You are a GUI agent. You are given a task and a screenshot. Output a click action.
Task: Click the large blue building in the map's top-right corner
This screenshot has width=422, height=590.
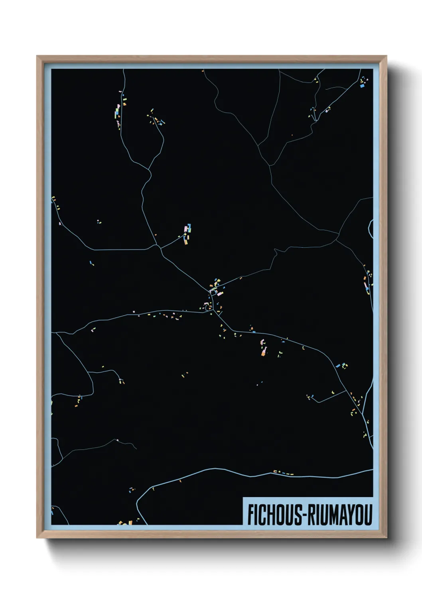pyautogui.click(x=362, y=85)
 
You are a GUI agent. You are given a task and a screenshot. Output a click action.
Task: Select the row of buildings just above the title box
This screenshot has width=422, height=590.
pyautogui.click(x=284, y=473)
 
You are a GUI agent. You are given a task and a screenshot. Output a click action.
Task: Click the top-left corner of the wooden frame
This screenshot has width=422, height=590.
pyautogui.click(x=37, y=57)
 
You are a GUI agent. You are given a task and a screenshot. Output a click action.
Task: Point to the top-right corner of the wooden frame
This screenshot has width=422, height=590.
pyautogui.click(x=386, y=57)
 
